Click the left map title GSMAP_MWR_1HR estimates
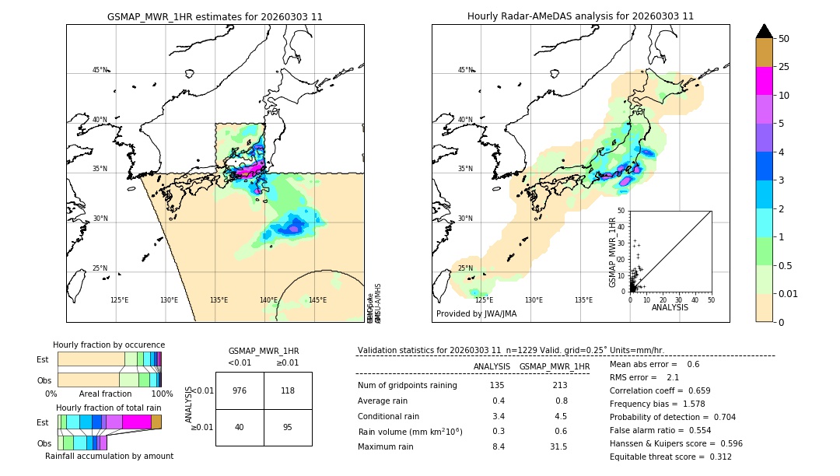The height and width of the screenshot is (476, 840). coord(215,16)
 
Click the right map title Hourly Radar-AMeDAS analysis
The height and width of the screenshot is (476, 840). coord(580,16)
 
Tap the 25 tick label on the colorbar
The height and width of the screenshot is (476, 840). coord(784,67)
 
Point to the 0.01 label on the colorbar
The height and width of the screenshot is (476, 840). coord(789,293)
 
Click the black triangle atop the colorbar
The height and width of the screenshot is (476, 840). coord(765,31)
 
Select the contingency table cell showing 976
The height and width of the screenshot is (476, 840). coord(240,391)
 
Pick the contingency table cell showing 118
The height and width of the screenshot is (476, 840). coord(288,391)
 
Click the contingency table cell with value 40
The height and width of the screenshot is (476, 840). coord(240,427)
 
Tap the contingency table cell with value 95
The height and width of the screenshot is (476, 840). coord(288,427)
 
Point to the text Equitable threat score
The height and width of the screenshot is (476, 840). coord(658,457)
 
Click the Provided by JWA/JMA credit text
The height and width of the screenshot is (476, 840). coord(476,314)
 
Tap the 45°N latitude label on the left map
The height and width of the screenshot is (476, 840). coord(100,70)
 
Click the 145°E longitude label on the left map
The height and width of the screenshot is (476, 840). coord(317,300)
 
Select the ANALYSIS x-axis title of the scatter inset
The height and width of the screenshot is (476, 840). coord(670,307)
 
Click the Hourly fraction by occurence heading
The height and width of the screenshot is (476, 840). coord(109,345)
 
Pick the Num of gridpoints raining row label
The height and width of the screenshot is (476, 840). coord(408,386)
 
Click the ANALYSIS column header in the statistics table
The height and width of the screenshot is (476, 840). coord(492,366)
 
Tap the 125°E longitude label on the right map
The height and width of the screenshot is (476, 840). coord(484,300)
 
